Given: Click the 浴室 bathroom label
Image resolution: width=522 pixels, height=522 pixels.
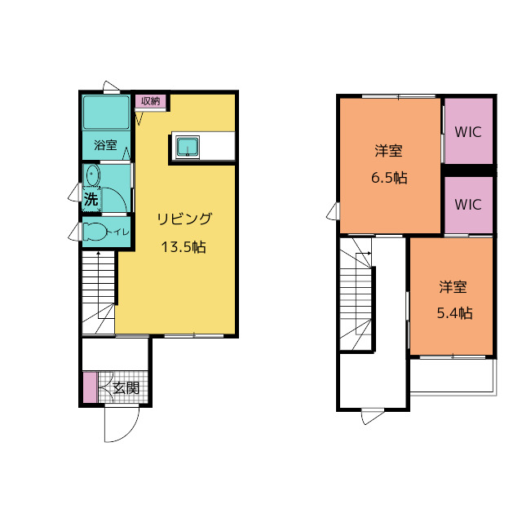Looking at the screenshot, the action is (x=105, y=145).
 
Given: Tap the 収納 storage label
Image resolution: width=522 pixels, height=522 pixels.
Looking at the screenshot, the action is (x=150, y=101).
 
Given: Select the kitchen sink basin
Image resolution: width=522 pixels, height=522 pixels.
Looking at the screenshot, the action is (x=188, y=147).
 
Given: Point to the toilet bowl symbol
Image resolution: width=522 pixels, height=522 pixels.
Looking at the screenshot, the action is (x=95, y=232).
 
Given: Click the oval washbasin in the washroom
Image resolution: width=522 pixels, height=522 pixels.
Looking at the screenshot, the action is (x=92, y=175).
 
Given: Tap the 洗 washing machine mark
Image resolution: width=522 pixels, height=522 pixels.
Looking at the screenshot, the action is (x=91, y=199).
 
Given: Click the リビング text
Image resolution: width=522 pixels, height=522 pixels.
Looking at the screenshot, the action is (x=184, y=219).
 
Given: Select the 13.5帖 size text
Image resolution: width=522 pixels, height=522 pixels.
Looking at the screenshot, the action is (x=184, y=247).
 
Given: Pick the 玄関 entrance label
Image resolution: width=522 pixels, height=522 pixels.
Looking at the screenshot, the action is (x=126, y=388).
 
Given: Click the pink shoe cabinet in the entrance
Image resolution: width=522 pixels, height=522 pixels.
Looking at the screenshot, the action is (x=90, y=387).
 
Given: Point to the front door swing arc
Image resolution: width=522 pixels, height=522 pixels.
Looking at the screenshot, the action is (x=126, y=431).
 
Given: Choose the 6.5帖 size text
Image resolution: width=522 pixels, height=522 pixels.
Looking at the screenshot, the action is (x=389, y=178).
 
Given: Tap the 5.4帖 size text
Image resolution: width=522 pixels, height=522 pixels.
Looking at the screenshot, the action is (x=454, y=313).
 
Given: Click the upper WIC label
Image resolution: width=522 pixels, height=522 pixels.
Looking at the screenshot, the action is (x=468, y=132).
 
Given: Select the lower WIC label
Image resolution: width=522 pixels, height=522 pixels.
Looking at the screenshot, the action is (x=468, y=205).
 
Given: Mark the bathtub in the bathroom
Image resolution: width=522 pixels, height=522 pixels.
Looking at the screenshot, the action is (x=106, y=113).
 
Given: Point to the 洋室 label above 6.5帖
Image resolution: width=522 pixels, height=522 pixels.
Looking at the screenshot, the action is (x=388, y=150).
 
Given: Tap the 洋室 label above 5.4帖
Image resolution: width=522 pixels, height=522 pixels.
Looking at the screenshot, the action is (x=453, y=286).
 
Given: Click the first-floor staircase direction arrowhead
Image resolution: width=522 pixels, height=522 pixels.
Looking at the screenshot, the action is (x=98, y=254).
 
